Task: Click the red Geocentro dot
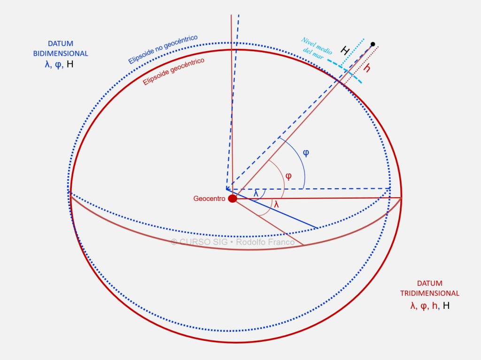pyautogui.click(x=233, y=199)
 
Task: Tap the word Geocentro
pyautogui.click(x=209, y=199)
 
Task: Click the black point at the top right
pyautogui.click(x=372, y=44)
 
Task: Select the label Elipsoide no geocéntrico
pyautogui.click(x=163, y=49)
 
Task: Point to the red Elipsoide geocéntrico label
pyautogui.click(x=173, y=71)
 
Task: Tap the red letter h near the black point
pyautogui.click(x=367, y=69)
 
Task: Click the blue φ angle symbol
pyautogui.click(x=306, y=153)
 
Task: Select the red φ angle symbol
pyautogui.click(x=288, y=176)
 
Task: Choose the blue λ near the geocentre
pyautogui.click(x=256, y=193)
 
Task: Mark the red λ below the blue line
pyautogui.click(x=276, y=205)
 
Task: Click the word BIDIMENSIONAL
pyautogui.click(x=61, y=54)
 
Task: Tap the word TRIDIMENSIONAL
pyautogui.click(x=429, y=293)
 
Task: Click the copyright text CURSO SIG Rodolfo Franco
pyautogui.click(x=233, y=242)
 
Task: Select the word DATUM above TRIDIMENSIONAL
pyautogui.click(x=429, y=283)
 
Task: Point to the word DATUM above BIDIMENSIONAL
pyautogui.click(x=60, y=44)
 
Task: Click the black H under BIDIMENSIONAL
pyautogui.click(x=70, y=64)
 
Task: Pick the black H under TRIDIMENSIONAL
pyautogui.click(x=446, y=306)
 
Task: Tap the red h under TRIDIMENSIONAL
pyautogui.click(x=435, y=306)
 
